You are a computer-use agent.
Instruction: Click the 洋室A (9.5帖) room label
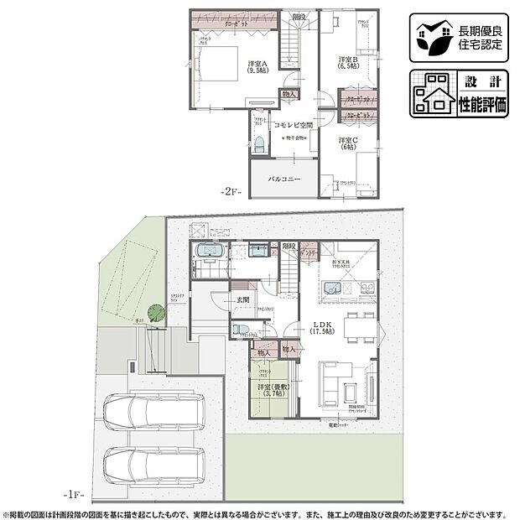[257, 67]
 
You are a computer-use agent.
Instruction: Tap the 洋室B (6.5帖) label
[348, 63]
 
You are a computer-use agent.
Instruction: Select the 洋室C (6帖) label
[348, 143]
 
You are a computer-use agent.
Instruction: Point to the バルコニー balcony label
[285, 179]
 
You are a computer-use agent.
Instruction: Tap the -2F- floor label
[231, 192]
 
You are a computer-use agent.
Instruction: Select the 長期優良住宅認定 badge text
[481, 38]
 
